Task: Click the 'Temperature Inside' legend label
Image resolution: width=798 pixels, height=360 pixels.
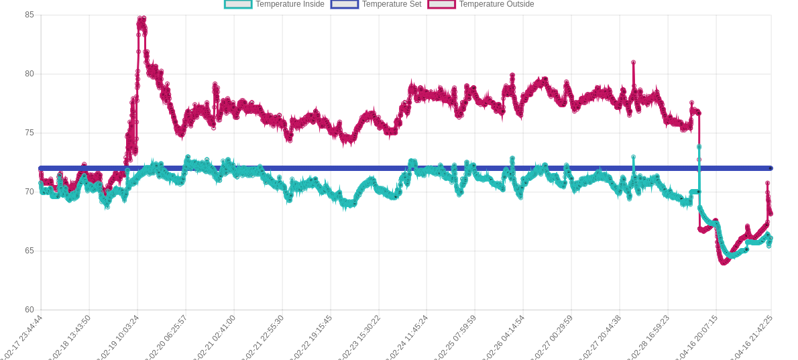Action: point(290,4)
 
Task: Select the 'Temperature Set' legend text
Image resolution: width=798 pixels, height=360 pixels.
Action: point(392,4)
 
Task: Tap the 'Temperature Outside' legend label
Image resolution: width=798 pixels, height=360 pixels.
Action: point(496,4)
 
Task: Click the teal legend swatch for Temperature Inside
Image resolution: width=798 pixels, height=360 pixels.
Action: point(238,4)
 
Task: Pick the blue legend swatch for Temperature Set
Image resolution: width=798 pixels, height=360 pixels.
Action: point(345,4)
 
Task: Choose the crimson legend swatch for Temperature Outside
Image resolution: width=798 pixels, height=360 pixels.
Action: point(441,4)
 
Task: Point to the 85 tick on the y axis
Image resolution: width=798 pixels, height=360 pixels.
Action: point(30,15)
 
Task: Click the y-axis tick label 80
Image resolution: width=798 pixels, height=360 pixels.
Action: point(30,74)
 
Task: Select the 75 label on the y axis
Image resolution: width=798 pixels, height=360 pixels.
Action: point(30,133)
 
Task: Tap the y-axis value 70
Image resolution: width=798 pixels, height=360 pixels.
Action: point(30,192)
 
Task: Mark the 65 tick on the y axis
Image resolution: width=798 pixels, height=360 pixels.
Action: point(30,251)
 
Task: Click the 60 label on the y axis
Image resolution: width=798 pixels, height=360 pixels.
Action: point(30,310)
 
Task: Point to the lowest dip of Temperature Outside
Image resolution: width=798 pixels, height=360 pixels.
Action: point(724,263)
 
